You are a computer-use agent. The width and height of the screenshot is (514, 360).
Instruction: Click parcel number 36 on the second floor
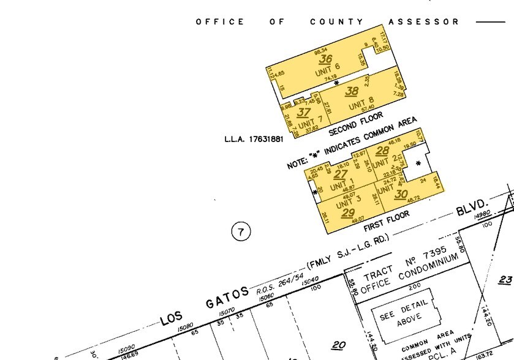click(325, 59)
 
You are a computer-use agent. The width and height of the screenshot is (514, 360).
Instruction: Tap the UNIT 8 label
click(361, 103)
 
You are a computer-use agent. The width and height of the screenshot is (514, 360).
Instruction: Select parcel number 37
click(303, 113)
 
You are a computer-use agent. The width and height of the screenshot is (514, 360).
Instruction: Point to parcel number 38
click(351, 92)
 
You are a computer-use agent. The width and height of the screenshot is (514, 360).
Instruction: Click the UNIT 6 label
click(328, 70)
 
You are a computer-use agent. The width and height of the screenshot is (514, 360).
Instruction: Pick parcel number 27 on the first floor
click(341, 174)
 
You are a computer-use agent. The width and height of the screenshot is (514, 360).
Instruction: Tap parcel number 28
click(382, 151)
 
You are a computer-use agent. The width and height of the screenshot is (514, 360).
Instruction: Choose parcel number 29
click(348, 213)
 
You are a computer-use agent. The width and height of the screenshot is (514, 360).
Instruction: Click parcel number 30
click(401, 194)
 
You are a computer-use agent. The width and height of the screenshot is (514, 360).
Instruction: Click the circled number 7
click(241, 231)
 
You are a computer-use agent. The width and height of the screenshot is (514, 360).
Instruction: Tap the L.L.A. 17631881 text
click(254, 139)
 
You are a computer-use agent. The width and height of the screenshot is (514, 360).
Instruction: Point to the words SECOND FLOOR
click(356, 124)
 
